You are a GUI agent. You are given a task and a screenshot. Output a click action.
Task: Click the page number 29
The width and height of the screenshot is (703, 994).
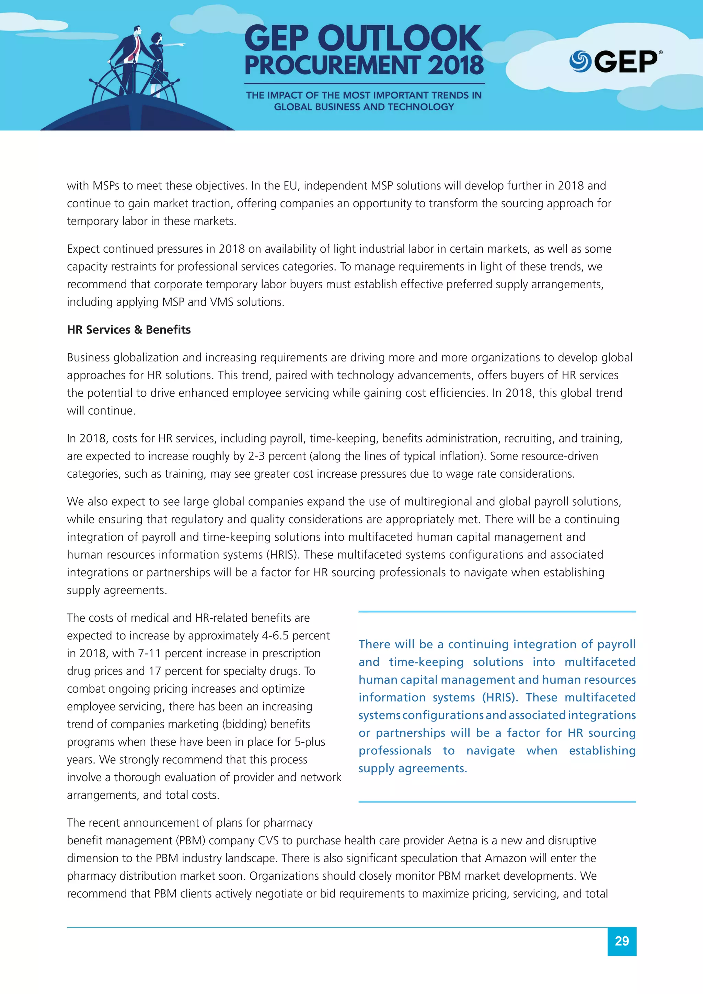point(622,941)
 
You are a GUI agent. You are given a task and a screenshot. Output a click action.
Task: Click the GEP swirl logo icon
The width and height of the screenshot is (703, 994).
point(580,61)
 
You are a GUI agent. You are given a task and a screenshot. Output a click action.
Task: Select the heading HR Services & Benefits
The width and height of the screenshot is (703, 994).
point(129,330)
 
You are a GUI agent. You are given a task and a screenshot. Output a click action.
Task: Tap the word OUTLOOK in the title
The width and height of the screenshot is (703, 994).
point(399,39)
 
